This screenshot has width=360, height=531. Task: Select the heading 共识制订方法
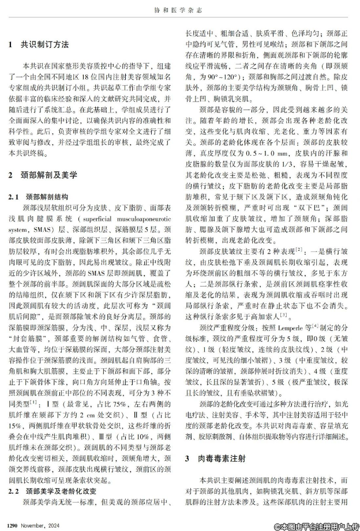46,44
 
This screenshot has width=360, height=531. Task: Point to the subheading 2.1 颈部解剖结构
42,197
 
